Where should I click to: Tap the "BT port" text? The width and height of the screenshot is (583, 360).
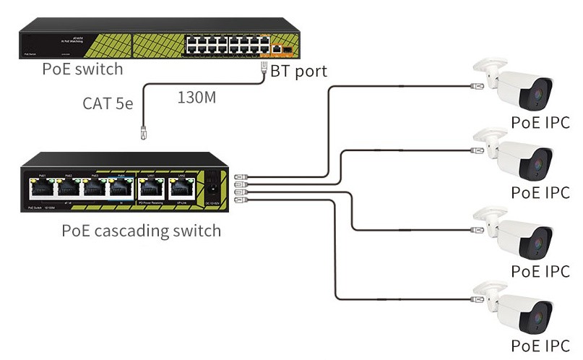(298, 71)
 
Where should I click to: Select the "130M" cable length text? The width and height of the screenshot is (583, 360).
(197, 97)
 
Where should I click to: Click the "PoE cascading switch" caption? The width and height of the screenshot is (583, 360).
(141, 231)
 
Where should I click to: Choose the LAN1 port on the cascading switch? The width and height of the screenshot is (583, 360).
(151, 189)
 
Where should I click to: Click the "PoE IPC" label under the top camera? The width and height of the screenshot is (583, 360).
(540, 121)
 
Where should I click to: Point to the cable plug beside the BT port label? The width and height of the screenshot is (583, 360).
(264, 69)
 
